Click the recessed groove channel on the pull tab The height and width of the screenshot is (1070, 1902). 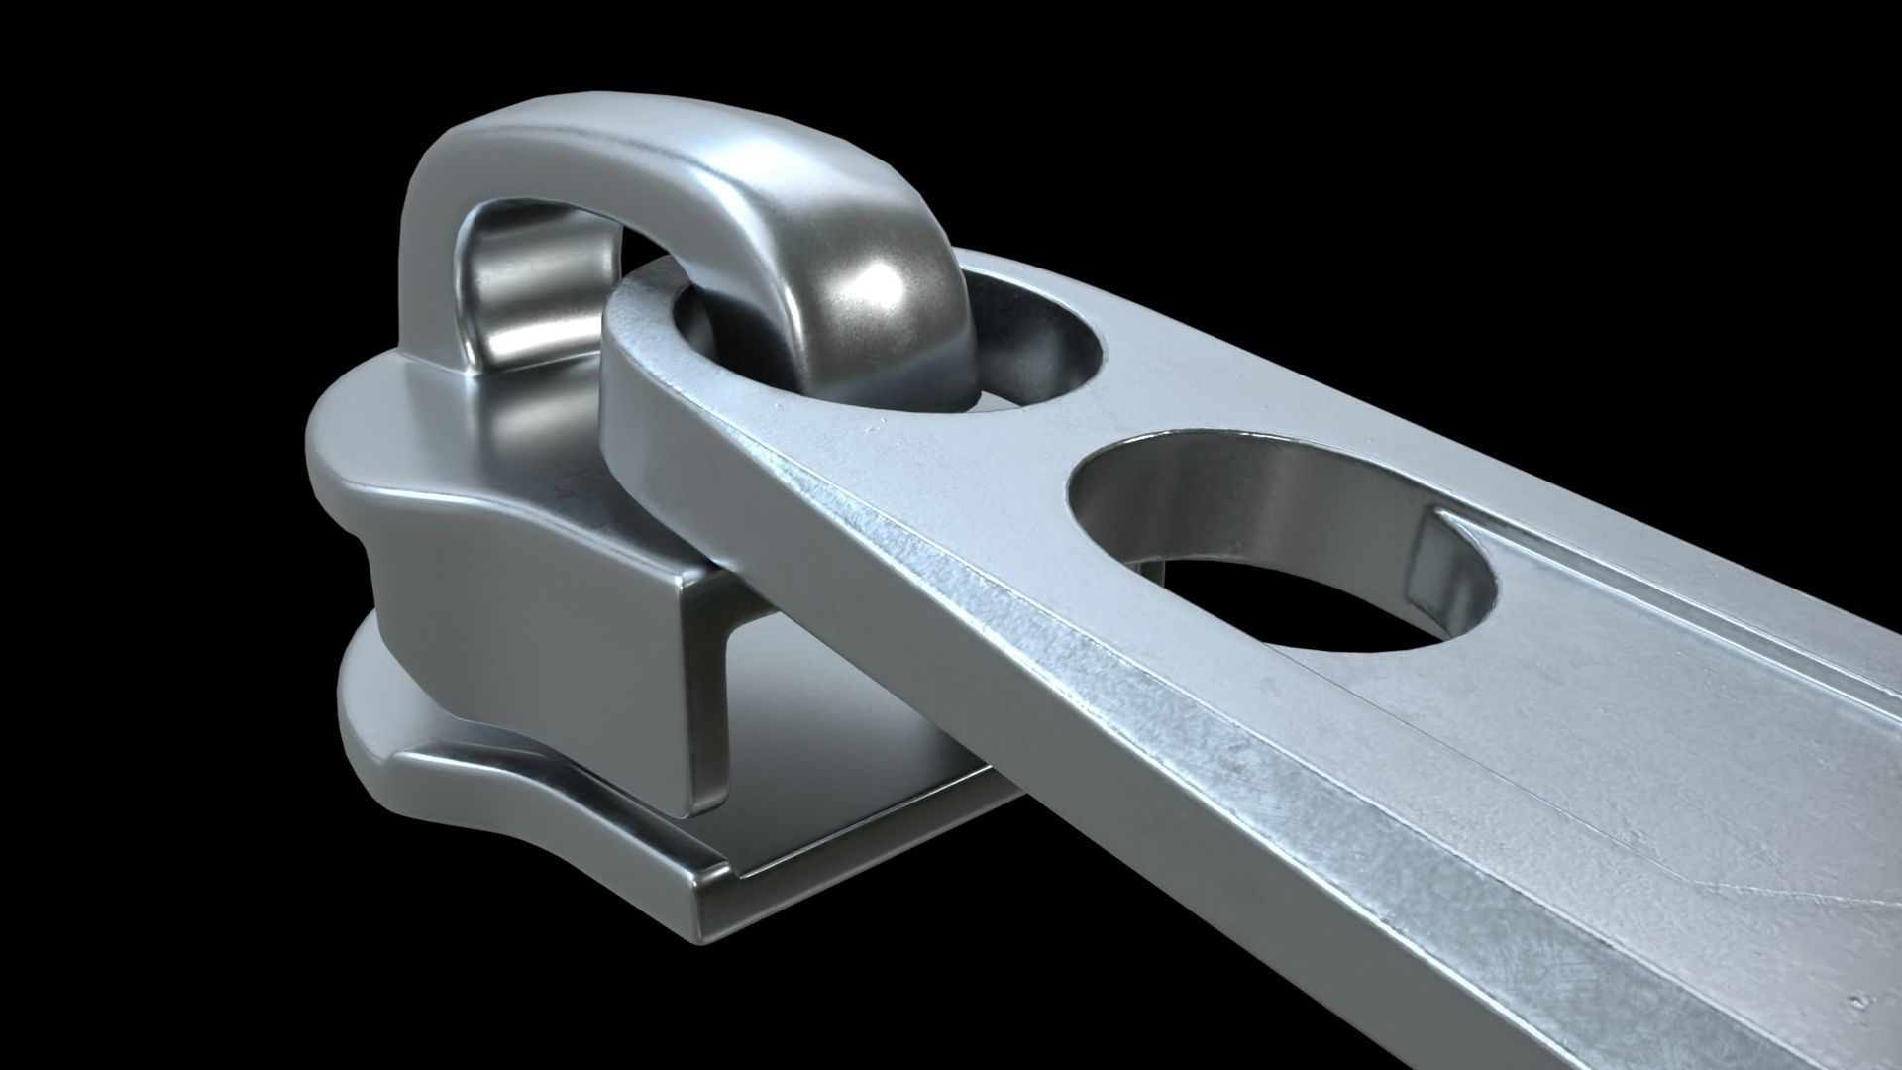[x=1684, y=644]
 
